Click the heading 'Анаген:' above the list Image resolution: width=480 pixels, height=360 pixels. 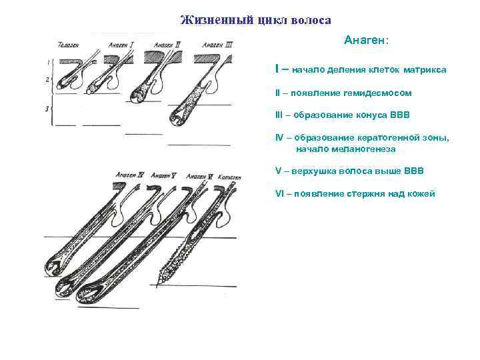[366, 41]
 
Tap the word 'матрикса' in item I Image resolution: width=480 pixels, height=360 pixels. [425, 69]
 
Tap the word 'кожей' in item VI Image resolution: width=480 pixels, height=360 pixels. [421, 193]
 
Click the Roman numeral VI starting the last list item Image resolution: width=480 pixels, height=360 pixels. [279, 193]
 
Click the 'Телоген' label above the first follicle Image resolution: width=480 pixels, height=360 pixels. [69, 45]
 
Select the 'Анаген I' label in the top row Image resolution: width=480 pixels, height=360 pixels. [121, 45]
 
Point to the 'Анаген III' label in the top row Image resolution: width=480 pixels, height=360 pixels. [219, 45]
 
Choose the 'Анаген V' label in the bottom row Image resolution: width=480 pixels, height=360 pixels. [163, 176]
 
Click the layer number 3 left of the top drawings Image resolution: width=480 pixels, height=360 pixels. [47, 107]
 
